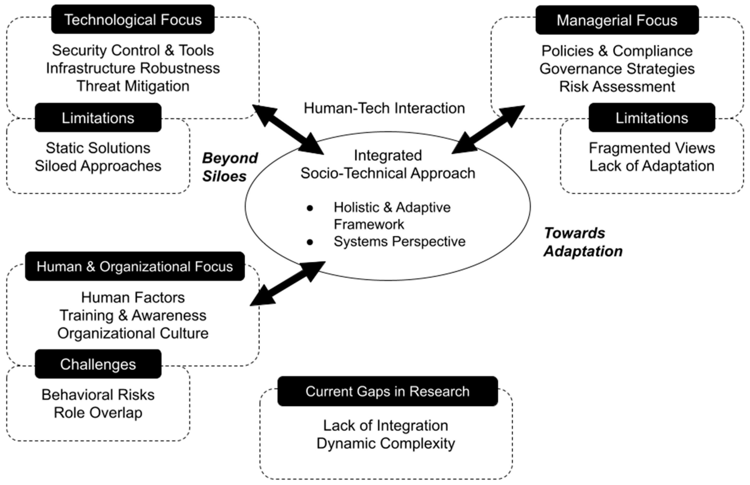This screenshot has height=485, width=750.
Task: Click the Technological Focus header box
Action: coord(133,20)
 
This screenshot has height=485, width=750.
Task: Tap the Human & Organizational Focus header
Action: coord(135,267)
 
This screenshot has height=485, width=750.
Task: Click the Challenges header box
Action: coord(98,364)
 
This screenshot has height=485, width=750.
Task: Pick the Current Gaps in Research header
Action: coord(387,391)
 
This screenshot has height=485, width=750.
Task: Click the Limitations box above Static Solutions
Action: coord(98,118)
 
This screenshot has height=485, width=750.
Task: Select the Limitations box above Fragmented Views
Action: coord(652,118)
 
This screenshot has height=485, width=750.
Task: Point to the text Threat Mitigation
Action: coord(133,86)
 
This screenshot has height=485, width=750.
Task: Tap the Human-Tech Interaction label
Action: coord(384,108)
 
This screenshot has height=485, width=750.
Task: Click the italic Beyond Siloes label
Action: coord(230,167)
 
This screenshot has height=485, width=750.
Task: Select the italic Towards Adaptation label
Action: coord(583,242)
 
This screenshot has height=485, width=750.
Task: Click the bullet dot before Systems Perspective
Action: coord(310,242)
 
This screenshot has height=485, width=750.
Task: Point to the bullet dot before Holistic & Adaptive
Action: coord(310,208)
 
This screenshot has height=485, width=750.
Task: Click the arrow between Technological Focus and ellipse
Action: coord(288,130)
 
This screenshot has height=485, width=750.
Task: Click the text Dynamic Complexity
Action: coord(386,443)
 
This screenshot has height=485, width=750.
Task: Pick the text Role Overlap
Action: coord(98,412)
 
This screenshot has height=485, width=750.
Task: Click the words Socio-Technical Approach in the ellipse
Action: coord(387,173)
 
